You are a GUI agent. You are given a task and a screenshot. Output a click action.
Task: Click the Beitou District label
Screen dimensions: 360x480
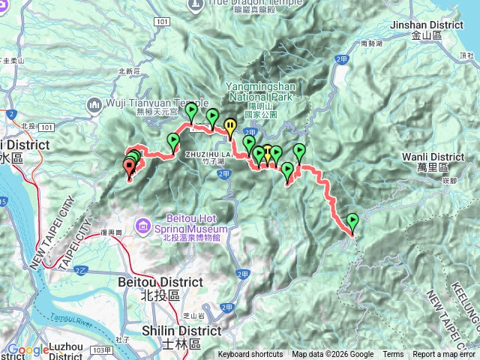tap(160, 282)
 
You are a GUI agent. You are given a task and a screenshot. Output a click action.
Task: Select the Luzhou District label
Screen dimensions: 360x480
tap(65, 348)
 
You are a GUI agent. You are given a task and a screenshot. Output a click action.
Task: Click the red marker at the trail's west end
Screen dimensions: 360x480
tap(127, 166)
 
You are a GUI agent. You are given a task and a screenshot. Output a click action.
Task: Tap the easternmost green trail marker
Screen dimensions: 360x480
tap(352, 220)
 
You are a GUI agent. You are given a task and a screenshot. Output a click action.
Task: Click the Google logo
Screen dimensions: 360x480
tap(28, 349)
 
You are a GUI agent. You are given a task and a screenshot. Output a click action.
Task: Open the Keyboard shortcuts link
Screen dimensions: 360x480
tap(250, 355)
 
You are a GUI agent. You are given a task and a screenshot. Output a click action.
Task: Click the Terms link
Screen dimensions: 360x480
tap(393, 355)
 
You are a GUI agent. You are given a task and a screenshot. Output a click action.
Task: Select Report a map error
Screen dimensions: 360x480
tap(443, 355)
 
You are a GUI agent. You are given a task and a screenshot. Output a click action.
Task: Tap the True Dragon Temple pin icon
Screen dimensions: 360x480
tap(195, 4)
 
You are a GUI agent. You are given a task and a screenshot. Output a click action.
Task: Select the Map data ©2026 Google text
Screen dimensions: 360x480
tap(333, 355)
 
